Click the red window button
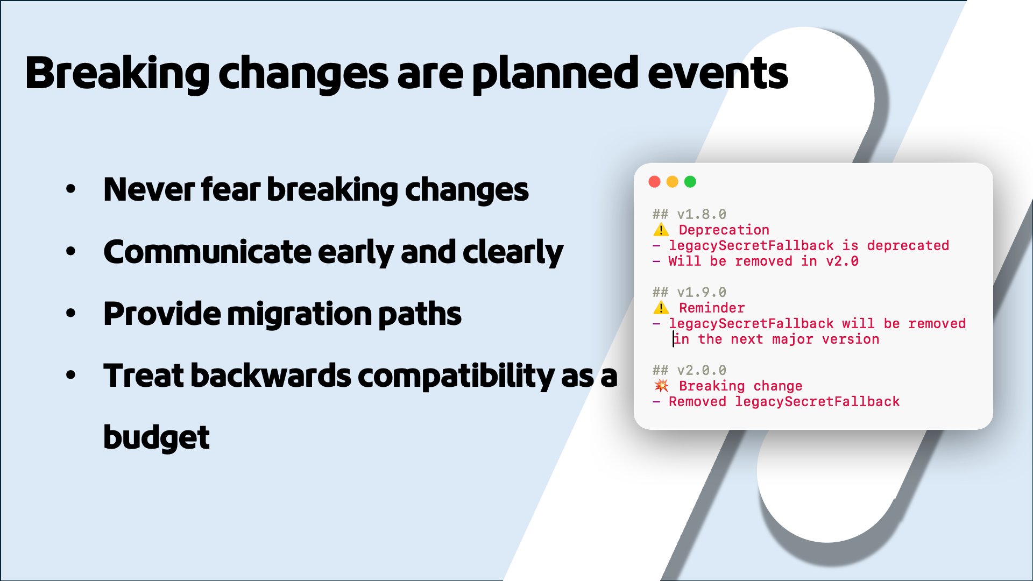(654, 182)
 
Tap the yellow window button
(672, 182)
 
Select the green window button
(690, 182)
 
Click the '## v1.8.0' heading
(689, 215)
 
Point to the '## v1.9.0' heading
(689, 293)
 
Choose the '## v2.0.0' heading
(689, 371)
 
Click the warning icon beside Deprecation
(661, 230)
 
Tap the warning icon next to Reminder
(661, 308)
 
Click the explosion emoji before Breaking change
(661, 386)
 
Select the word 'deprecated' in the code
(908, 246)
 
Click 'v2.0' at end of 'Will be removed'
(842, 261)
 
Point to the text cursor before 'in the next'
(673, 339)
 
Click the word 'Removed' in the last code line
(697, 402)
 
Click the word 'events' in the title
(718, 74)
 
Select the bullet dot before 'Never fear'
(70, 189)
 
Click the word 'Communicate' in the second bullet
(207, 252)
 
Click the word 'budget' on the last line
(156, 437)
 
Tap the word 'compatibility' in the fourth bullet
(456, 376)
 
